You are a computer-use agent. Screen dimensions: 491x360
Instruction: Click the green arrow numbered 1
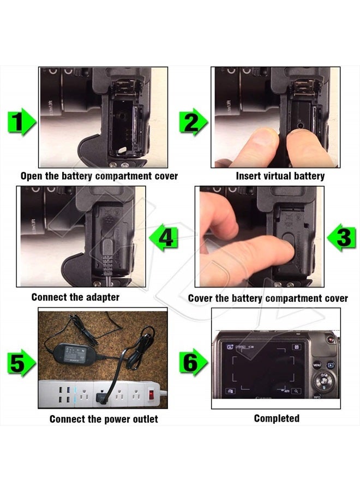(21, 121)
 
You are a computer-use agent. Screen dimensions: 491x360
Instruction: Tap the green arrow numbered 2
(193, 121)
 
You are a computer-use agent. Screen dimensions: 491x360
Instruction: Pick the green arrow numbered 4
(165, 238)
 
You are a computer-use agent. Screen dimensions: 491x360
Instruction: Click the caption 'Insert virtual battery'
(280, 176)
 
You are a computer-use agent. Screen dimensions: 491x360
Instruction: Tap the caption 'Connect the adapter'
(75, 297)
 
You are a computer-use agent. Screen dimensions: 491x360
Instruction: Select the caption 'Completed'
(277, 418)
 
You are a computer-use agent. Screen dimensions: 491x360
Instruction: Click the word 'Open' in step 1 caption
(32, 176)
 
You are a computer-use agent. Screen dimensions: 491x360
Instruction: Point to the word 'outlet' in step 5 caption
(142, 419)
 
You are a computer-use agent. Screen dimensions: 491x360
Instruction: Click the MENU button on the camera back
(317, 363)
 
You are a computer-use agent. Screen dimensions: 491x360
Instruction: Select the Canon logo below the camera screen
(263, 399)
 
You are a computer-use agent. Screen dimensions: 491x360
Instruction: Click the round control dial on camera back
(325, 379)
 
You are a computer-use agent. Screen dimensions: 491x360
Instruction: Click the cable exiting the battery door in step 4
(109, 267)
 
